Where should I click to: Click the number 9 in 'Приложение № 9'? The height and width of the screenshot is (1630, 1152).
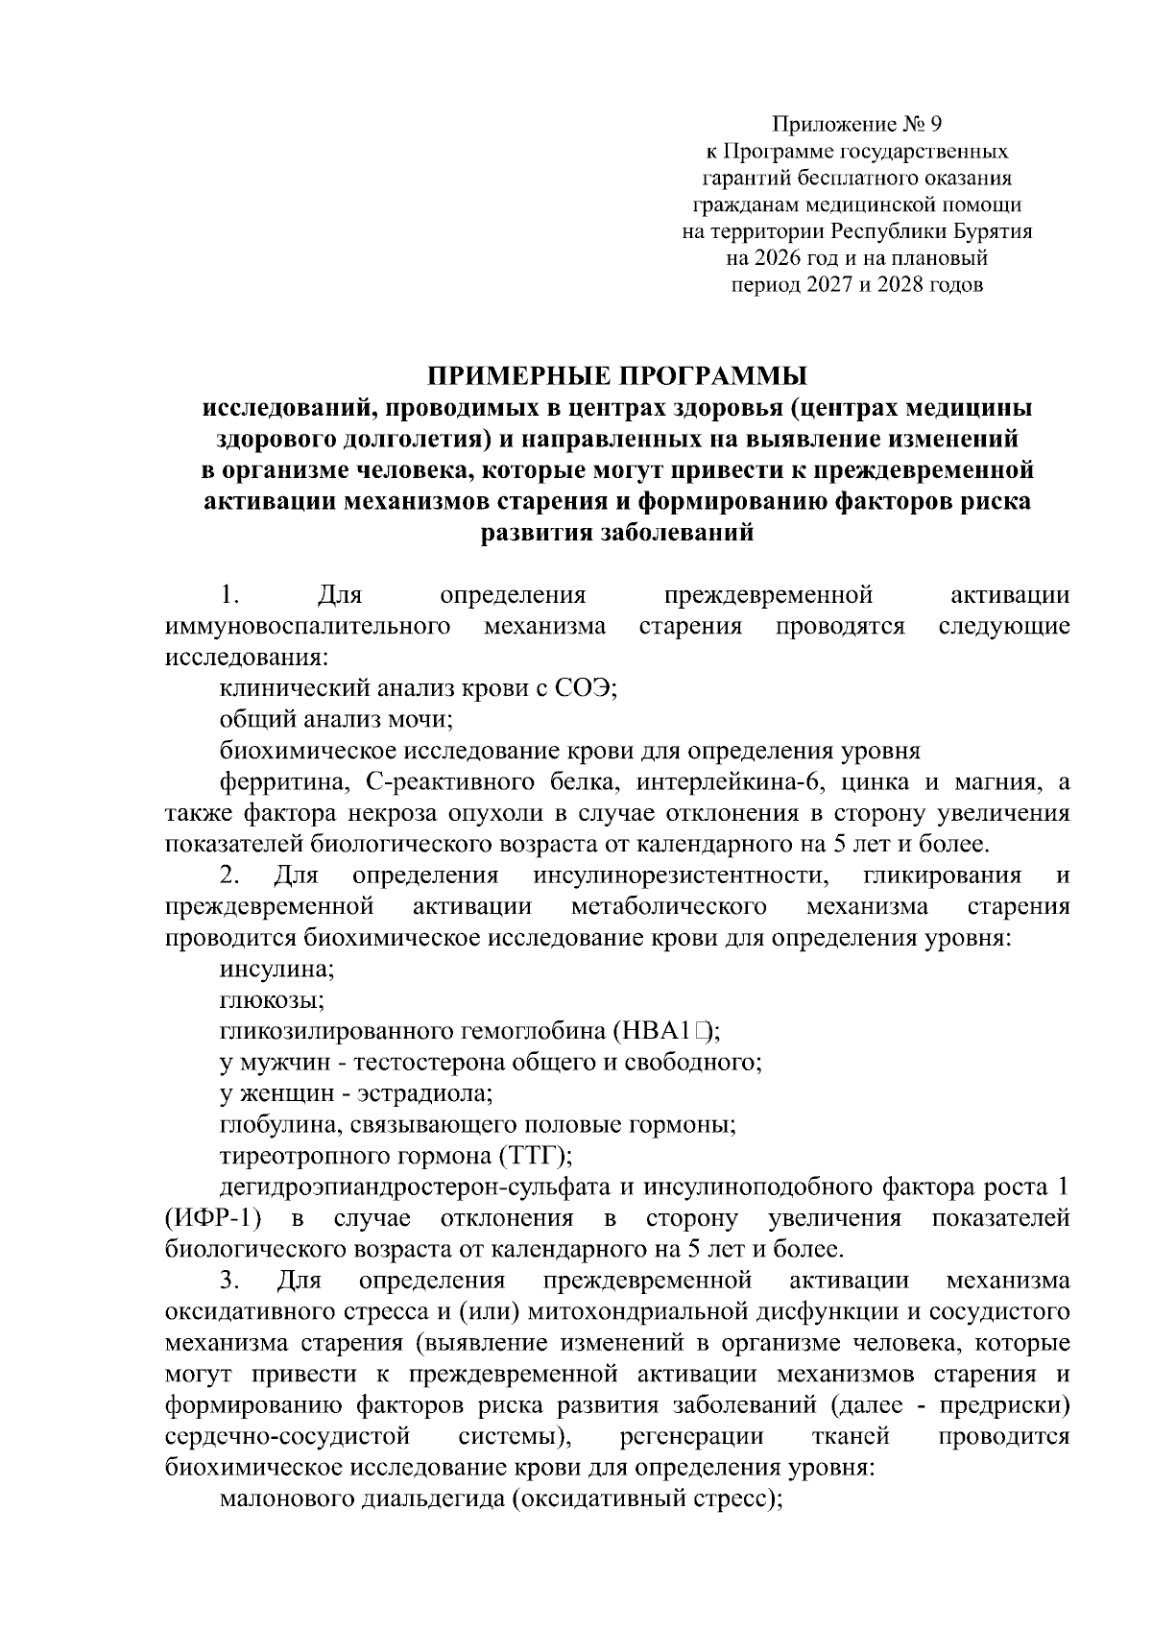[x=937, y=125]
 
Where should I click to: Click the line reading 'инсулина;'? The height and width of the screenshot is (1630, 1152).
[x=276, y=969]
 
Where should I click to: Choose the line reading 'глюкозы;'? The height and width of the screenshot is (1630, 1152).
[x=272, y=1000]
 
